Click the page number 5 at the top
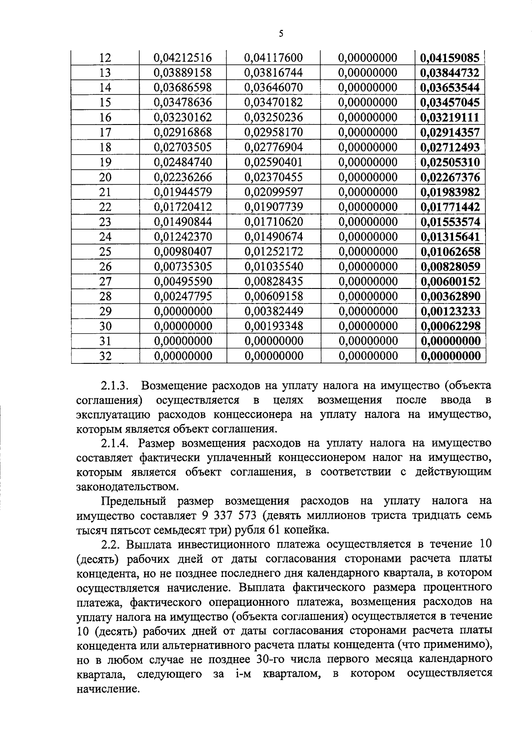pyautogui.click(x=281, y=34)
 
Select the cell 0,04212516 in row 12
pyautogui.click(x=183, y=58)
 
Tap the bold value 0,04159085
pyautogui.click(x=450, y=58)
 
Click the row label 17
pyautogui.click(x=105, y=132)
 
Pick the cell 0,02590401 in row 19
pyautogui.click(x=274, y=162)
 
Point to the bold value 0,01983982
pyautogui.click(x=450, y=192)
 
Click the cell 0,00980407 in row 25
pyautogui.click(x=183, y=252)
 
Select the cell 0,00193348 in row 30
pyautogui.click(x=274, y=326)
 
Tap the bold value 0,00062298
pyautogui.click(x=450, y=326)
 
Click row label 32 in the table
pyautogui.click(x=105, y=356)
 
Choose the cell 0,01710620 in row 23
pyautogui.click(x=274, y=222)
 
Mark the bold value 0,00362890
pyautogui.click(x=450, y=296)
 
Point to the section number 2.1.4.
pyautogui.click(x=115, y=443)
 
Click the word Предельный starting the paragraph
pyautogui.click(x=134, y=501)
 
